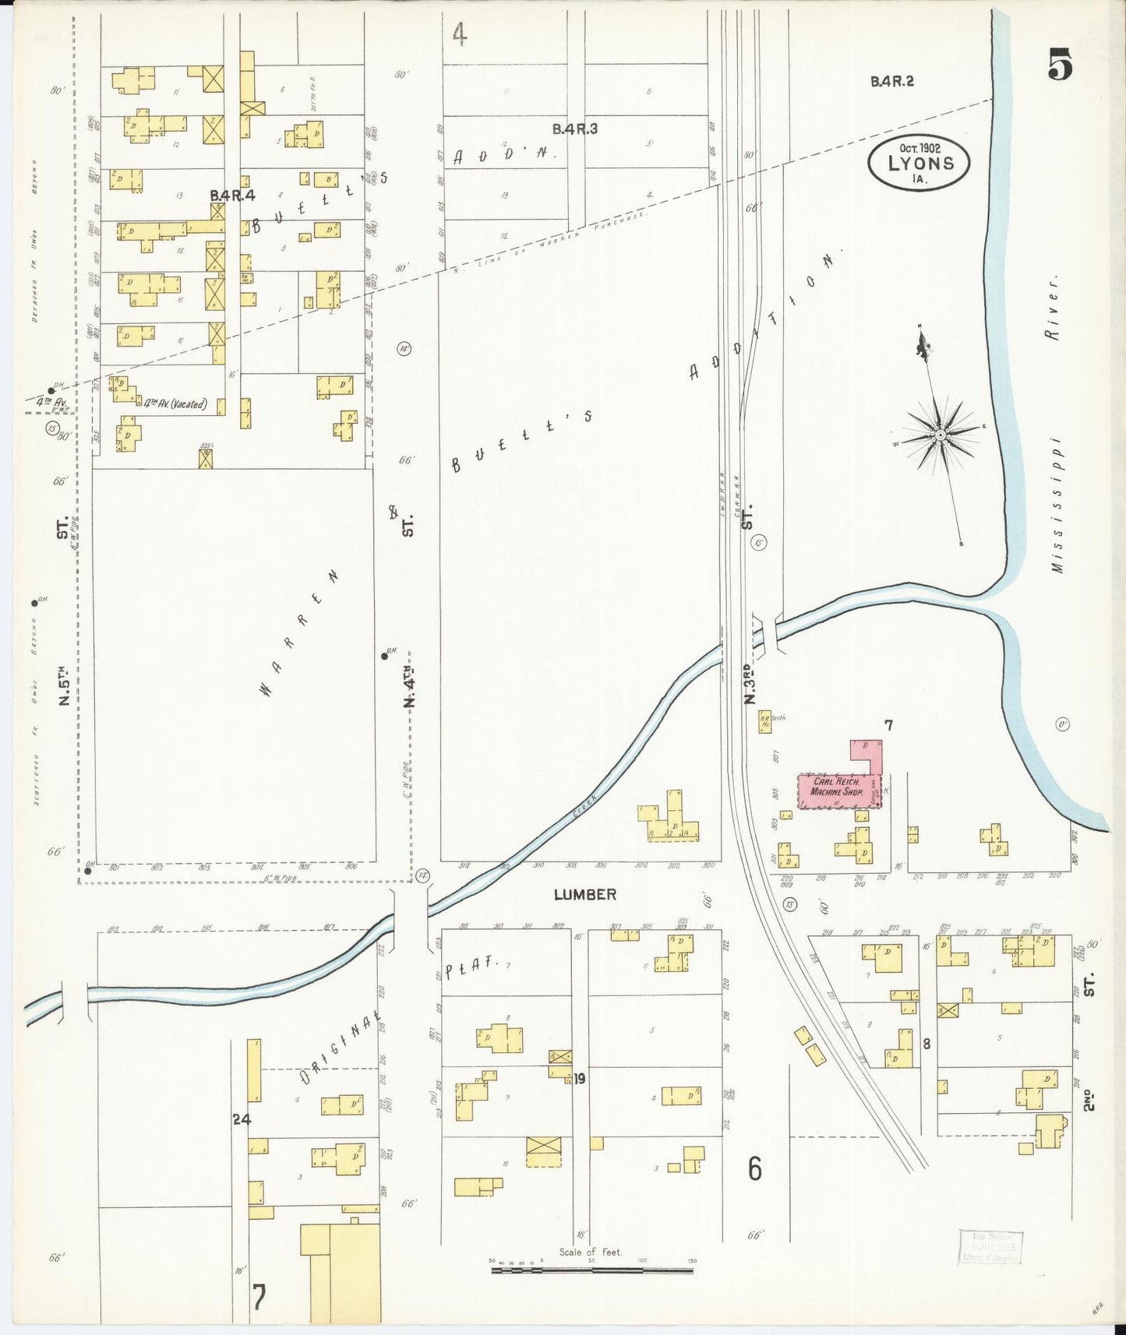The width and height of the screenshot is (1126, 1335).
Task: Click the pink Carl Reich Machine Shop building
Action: coord(838,788)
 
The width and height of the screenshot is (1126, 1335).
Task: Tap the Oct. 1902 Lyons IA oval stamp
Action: coord(920,163)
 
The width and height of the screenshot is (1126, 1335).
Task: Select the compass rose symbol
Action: coord(941,434)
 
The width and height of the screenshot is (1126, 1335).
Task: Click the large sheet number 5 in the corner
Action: coord(1060,65)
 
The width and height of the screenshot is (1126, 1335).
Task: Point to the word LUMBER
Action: coord(584,895)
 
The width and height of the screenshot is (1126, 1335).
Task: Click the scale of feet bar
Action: coord(592,1270)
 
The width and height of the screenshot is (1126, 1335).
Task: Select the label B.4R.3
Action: coord(575,129)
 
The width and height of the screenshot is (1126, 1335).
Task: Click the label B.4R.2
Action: coord(891,80)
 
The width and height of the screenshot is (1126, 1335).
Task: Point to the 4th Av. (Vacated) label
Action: coord(175,403)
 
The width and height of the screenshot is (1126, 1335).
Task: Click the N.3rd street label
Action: coord(750,684)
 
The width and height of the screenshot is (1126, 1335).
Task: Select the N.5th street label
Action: coord(65,685)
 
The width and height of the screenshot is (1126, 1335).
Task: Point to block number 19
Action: coord(580,1079)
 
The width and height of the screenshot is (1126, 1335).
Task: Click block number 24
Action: coord(242,1119)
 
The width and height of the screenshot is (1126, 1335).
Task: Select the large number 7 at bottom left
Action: coord(259,1297)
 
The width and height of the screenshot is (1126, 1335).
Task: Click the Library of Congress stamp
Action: coord(990,1247)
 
